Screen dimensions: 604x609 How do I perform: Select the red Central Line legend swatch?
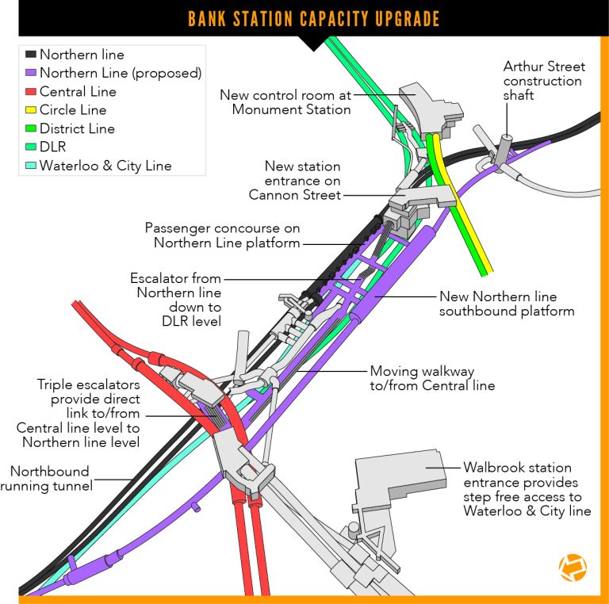point(30,92)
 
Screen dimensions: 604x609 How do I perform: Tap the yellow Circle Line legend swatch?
point(30,110)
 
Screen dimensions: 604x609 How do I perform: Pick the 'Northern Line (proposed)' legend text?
point(121,74)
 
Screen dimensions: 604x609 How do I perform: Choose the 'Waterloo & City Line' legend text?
point(105,166)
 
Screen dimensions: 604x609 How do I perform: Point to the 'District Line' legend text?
point(77,128)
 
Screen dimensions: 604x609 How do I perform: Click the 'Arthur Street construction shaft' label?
point(543,81)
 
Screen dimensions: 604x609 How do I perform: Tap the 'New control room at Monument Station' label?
point(285,102)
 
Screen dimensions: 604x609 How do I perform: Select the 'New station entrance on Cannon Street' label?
point(295,180)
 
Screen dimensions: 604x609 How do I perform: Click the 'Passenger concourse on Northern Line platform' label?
point(223,235)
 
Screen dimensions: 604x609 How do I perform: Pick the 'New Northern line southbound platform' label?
point(507,304)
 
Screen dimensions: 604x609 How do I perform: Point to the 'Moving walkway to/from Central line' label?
point(433,378)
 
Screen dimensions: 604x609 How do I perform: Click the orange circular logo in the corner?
point(572,569)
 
